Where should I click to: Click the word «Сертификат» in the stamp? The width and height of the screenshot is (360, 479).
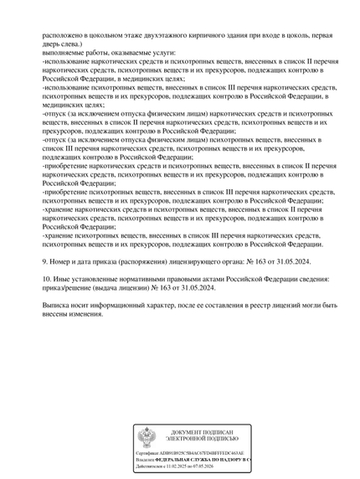pyautogui.click(x=150, y=453)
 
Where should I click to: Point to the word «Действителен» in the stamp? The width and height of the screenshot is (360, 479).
pyautogui.click(x=152, y=466)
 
